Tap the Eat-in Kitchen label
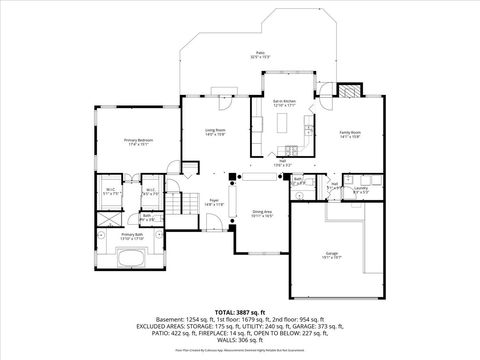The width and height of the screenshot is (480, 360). point(284,102)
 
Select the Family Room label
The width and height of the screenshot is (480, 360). point(349,133)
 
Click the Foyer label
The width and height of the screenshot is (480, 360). point(213,203)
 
